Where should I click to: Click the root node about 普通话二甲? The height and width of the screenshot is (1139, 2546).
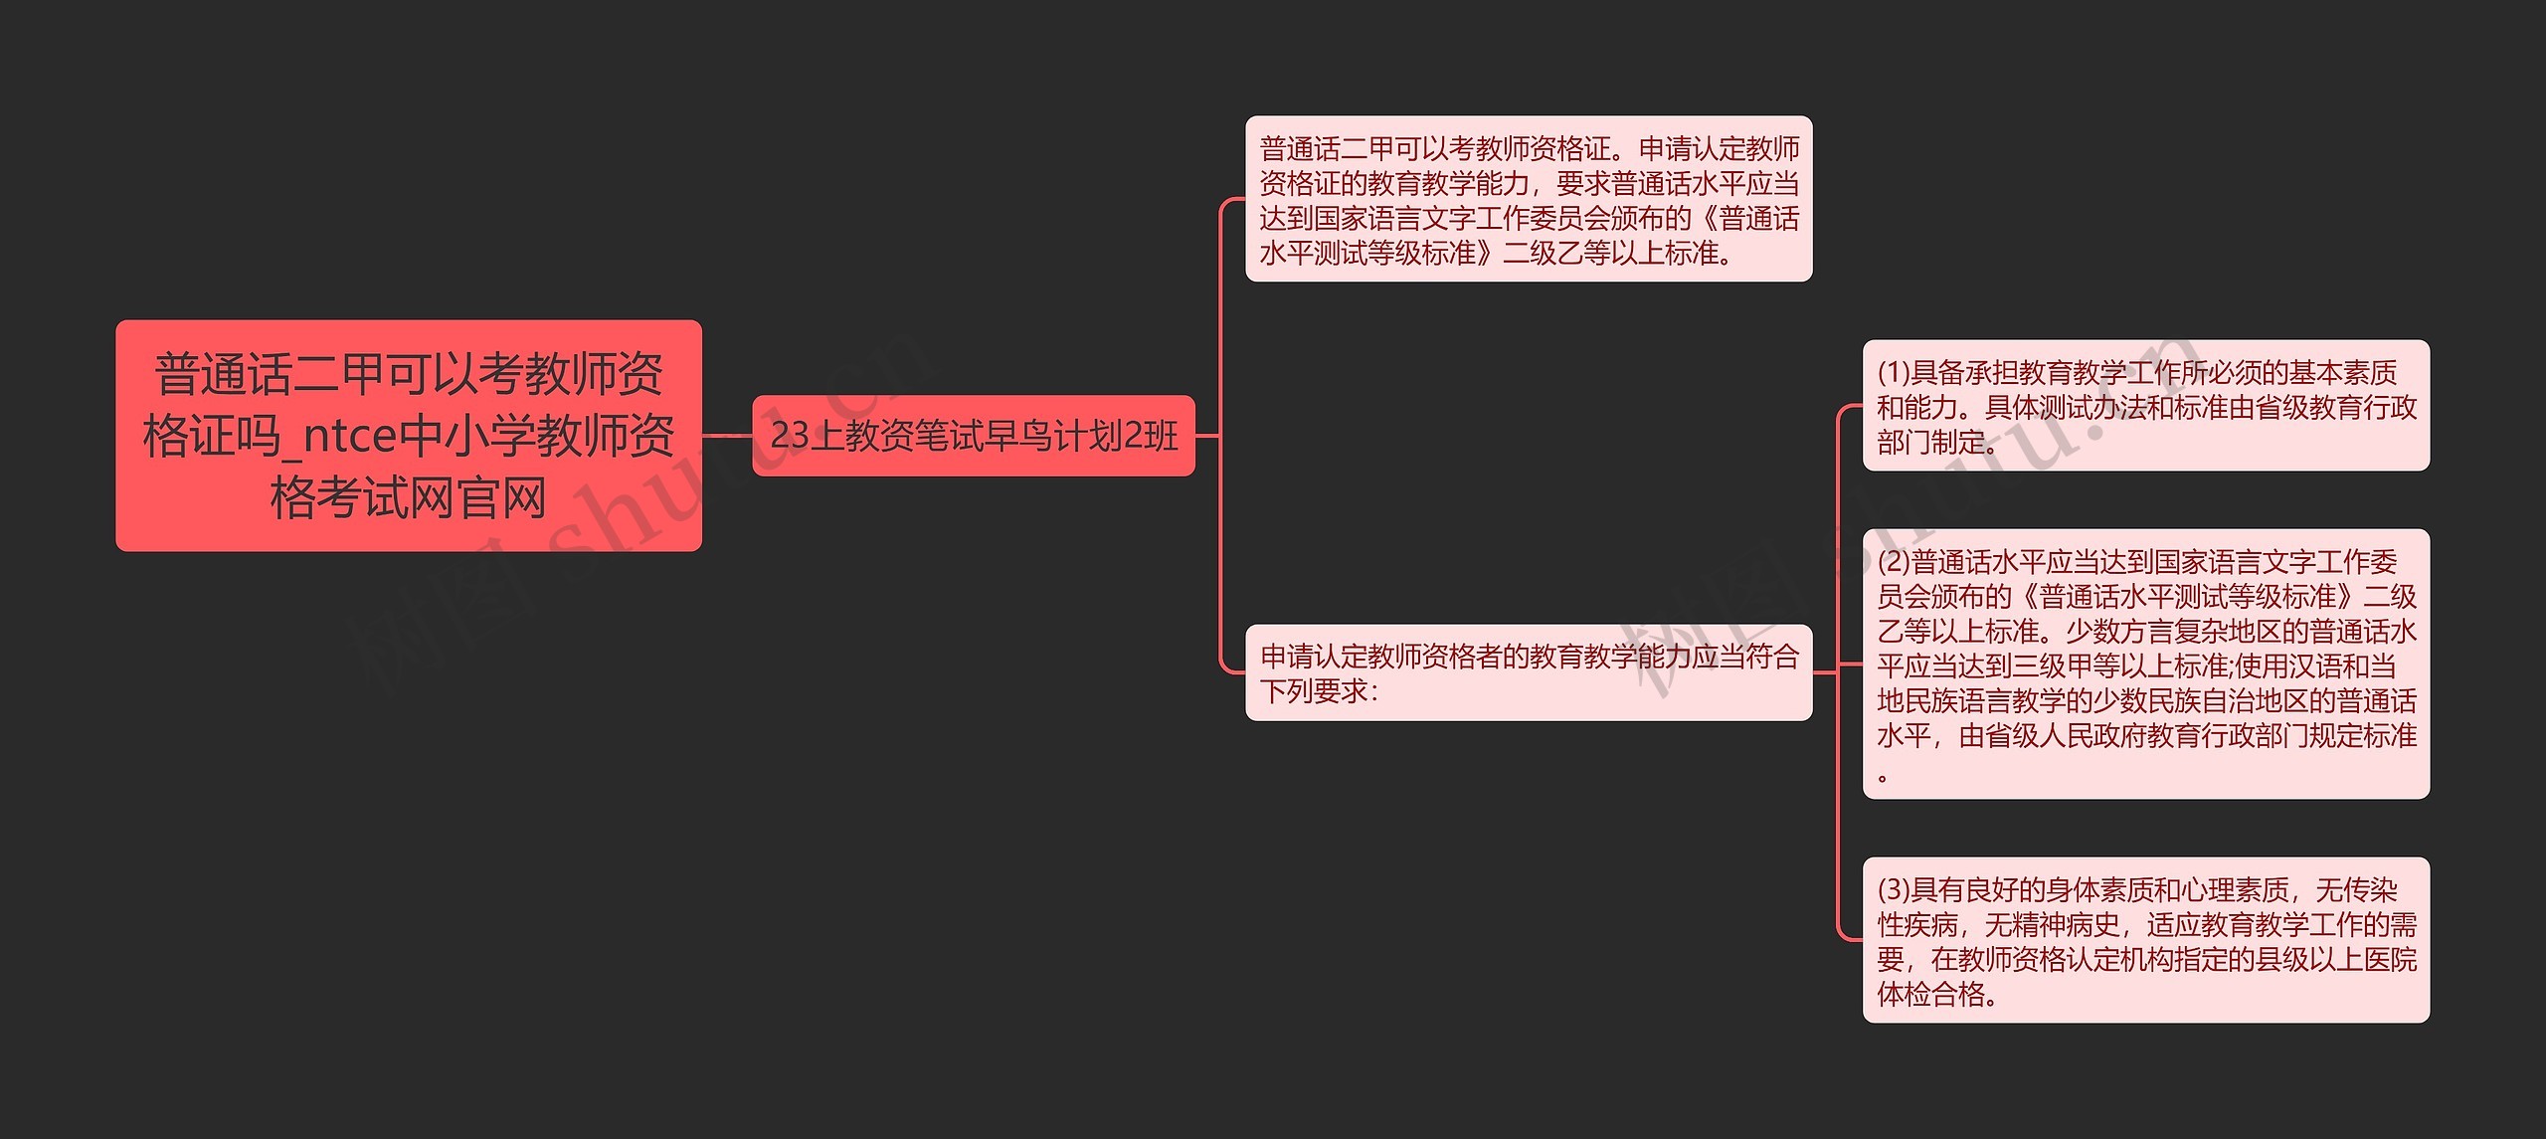[408, 435]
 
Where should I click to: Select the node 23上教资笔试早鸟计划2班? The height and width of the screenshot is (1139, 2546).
[973, 436]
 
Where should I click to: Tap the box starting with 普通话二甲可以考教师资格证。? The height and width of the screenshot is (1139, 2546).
[1528, 199]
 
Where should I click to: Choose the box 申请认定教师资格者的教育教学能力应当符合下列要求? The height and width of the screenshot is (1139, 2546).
[1528, 672]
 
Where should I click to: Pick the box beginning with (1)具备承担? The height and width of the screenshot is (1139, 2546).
[2145, 406]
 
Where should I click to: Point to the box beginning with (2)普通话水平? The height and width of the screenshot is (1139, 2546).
[2145, 664]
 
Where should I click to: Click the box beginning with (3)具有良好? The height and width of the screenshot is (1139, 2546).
[2145, 940]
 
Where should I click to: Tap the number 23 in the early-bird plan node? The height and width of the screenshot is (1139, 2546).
[790, 436]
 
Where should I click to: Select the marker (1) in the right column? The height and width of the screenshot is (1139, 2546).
[1894, 372]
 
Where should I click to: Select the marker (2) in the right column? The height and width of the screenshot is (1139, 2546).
[1894, 562]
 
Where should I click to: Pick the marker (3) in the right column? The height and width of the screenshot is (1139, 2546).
[1894, 889]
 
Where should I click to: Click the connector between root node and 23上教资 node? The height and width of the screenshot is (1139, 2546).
[727, 436]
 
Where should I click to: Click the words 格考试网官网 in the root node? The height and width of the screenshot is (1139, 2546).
[408, 497]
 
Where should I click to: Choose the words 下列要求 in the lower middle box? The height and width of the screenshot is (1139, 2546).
[1314, 690]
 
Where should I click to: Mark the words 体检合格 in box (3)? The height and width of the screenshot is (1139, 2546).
[1930, 994]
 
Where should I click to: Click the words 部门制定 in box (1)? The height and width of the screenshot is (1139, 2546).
[1930, 442]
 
